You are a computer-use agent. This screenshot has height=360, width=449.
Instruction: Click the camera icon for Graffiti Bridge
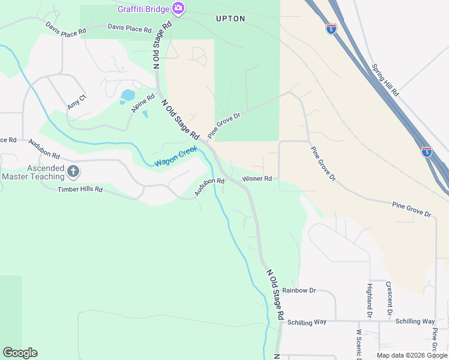coord(178,8)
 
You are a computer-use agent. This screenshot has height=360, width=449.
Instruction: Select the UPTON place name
coord(231,19)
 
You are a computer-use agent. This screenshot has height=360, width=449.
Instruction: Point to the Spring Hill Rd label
coord(385,81)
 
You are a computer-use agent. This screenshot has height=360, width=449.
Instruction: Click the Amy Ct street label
coord(77,101)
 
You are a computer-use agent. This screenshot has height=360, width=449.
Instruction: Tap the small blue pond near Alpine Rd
coord(127,95)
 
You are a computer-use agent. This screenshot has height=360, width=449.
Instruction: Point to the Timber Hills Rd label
coord(80,189)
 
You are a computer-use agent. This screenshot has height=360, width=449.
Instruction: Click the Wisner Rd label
coord(257,179)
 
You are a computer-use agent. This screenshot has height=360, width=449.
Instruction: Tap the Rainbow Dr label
coord(298,290)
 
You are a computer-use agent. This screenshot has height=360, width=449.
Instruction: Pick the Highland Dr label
coord(369,300)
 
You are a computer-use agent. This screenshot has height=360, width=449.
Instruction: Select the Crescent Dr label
coord(389,298)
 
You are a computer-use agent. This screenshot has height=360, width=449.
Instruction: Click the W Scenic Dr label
coord(359,344)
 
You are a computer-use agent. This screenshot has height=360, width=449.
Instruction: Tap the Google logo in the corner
coord(20,353)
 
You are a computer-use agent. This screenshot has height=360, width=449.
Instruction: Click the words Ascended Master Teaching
coord(33,173)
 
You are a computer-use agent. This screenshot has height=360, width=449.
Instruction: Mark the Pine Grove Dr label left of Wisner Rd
coord(224,124)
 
